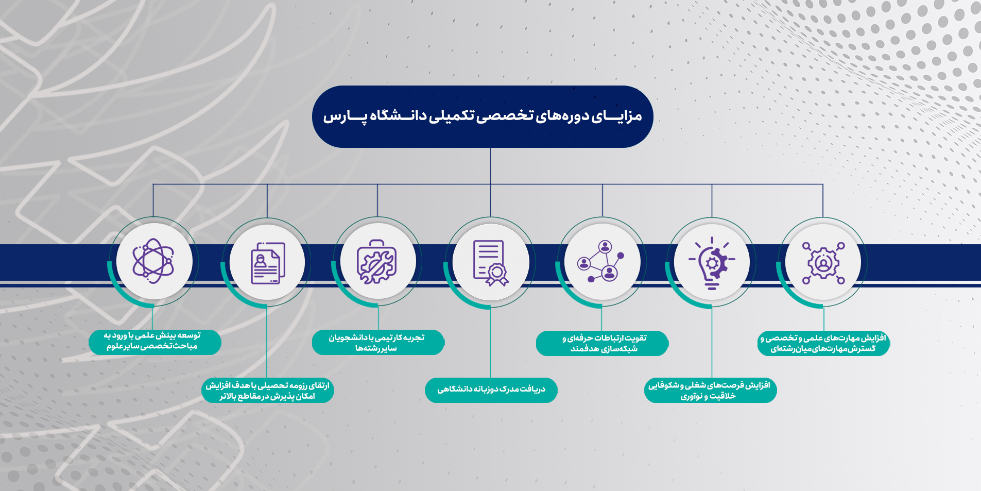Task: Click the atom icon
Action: [x=153, y=261]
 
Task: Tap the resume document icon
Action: [x=268, y=263]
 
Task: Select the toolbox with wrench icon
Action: [x=377, y=262]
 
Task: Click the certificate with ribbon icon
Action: [x=491, y=263]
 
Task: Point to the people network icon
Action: [x=601, y=261]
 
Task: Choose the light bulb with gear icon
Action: [x=712, y=263]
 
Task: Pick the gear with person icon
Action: [x=823, y=263]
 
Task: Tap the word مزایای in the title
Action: [x=616, y=116]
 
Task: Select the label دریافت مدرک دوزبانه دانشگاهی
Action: [x=491, y=390]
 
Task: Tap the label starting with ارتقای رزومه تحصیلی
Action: [x=268, y=391]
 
